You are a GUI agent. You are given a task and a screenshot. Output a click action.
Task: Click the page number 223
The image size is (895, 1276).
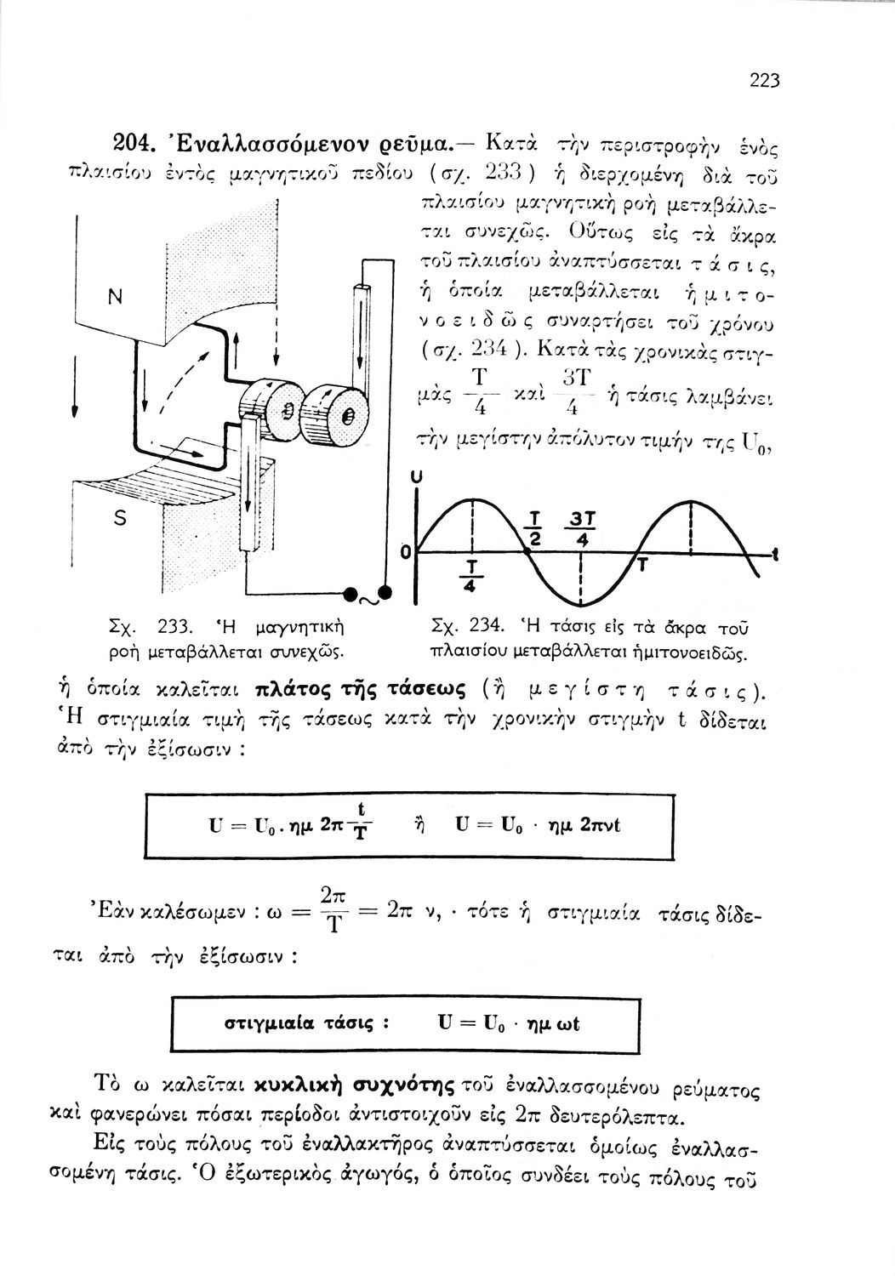(x=765, y=82)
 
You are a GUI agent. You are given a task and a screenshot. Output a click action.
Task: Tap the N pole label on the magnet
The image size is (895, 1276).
(x=112, y=297)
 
